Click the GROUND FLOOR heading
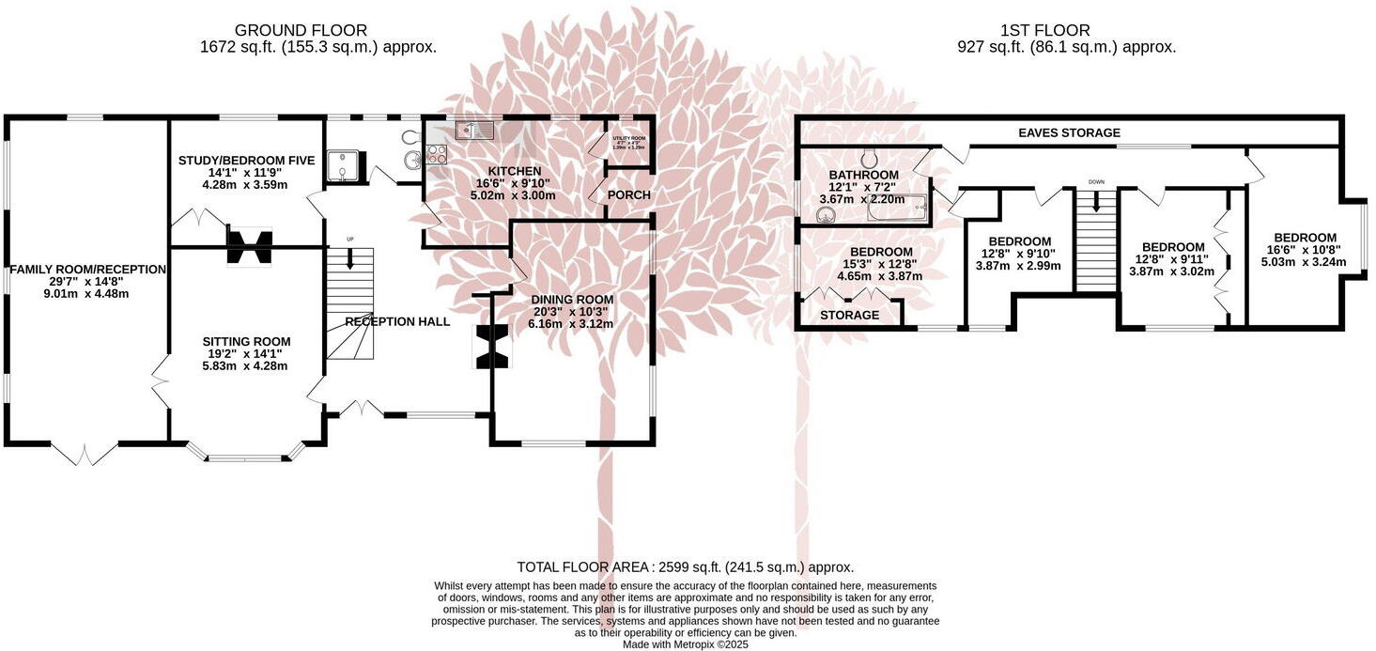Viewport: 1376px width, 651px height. pyautogui.click(x=301, y=31)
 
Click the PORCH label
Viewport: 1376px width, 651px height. pyautogui.click(x=628, y=194)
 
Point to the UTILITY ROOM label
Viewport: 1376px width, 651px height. pyautogui.click(x=629, y=139)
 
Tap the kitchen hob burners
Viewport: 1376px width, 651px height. pyautogui.click(x=437, y=155)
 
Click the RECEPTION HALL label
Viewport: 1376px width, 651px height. pyautogui.click(x=397, y=321)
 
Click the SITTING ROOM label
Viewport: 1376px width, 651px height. pyautogui.click(x=247, y=341)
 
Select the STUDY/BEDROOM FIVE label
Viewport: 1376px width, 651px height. pyautogui.click(x=246, y=161)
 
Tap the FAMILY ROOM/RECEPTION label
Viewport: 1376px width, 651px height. pyautogui.click(x=87, y=270)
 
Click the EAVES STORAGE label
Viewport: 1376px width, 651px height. pyautogui.click(x=1069, y=133)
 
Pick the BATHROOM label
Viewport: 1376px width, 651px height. pyautogui.click(x=863, y=176)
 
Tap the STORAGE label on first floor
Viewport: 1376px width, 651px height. pyautogui.click(x=849, y=315)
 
